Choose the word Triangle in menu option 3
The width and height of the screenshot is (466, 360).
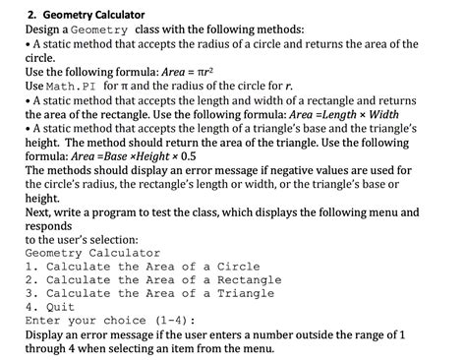[246, 293]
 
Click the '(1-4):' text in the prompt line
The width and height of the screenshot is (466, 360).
[171, 321]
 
